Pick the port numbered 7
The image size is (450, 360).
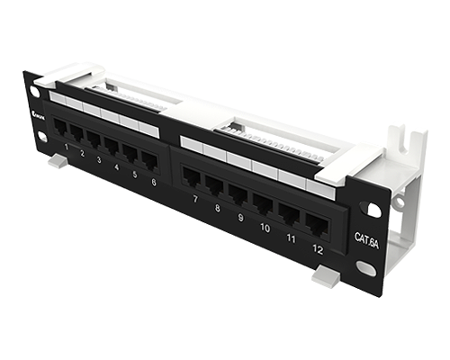tap(191, 176)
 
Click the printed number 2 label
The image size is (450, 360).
tap(82, 154)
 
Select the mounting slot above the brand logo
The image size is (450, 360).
tap(38, 90)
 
